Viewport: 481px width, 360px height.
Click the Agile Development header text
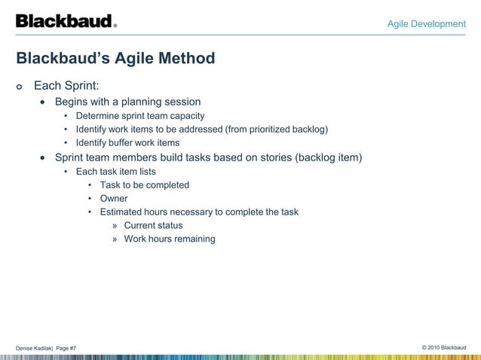pyautogui.click(x=426, y=24)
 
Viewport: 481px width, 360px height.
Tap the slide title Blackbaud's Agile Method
pyautogui.click(x=115, y=58)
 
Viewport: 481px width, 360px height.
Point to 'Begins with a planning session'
pyautogui.click(x=127, y=102)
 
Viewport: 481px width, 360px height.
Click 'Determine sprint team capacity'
pyautogui.click(x=139, y=116)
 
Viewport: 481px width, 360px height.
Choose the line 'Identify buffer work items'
pyautogui.click(x=127, y=143)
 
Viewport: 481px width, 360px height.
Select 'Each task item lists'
pyautogui.click(x=115, y=172)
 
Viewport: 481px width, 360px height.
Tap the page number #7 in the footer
pyautogui.click(x=82, y=347)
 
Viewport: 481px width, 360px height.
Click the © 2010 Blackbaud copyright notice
pyautogui.click(x=445, y=347)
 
